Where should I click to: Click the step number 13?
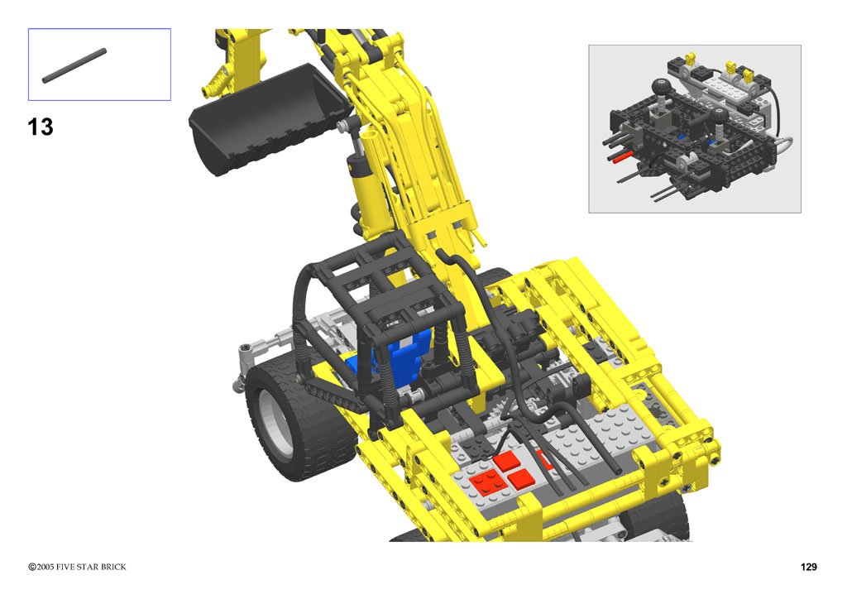41,127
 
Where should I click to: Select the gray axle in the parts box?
74,66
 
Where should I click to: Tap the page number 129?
809,567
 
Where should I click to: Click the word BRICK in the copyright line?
112,567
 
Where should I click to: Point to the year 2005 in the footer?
45,567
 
